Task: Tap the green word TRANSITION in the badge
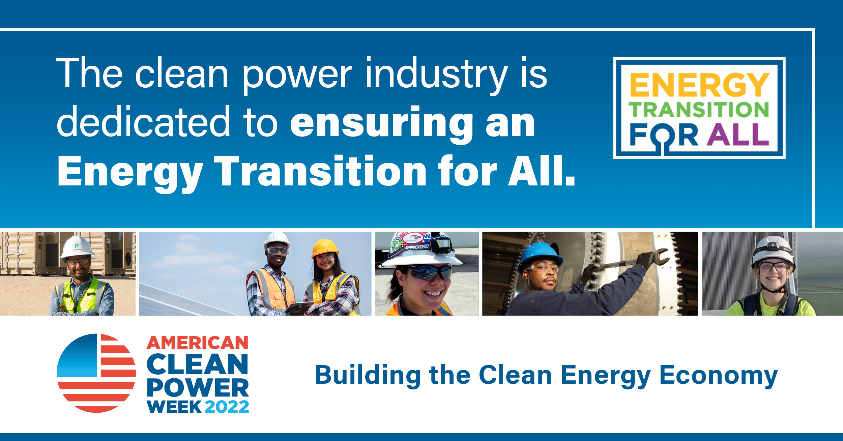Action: coord(699,110)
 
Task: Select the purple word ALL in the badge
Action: coord(738,135)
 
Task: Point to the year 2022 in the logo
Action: coord(227,407)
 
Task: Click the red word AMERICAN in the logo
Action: coord(198,343)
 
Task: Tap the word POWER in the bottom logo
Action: coord(198,388)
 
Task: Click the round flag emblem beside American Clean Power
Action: coord(96,373)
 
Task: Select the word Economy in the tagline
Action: coord(718,375)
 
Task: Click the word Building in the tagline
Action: coord(368,375)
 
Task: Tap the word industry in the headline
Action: coord(436,74)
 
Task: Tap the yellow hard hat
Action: coord(324,247)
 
